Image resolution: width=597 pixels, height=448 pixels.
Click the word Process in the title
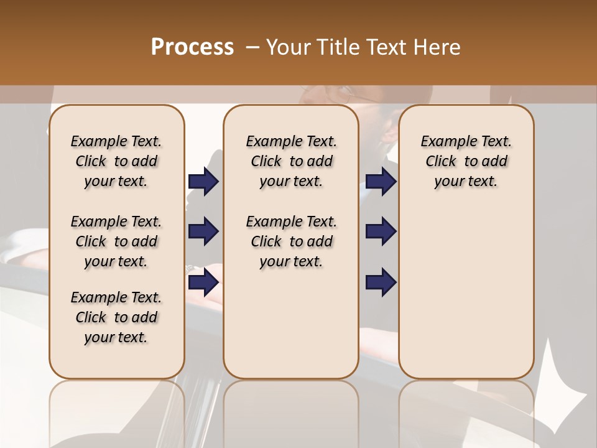coord(192,47)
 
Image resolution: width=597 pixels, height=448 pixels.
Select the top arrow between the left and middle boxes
coord(203,181)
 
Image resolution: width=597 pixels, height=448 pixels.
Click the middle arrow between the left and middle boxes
coord(203,232)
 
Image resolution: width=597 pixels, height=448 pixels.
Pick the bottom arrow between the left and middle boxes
coord(203,282)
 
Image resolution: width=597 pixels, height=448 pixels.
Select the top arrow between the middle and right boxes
coord(381,181)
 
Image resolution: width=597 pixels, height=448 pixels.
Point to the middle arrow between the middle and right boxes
coord(381,232)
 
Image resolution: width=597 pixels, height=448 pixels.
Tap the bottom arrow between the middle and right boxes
coord(381,282)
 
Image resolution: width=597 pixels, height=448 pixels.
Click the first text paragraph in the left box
coord(116,161)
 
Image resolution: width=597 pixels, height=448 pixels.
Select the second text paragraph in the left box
coord(116,241)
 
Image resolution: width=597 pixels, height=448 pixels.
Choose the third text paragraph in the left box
coord(116,317)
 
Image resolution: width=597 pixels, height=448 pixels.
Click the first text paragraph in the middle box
coord(292,161)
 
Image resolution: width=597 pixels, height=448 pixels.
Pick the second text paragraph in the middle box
coord(292,241)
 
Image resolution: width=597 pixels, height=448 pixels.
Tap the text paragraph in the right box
coord(466,161)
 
